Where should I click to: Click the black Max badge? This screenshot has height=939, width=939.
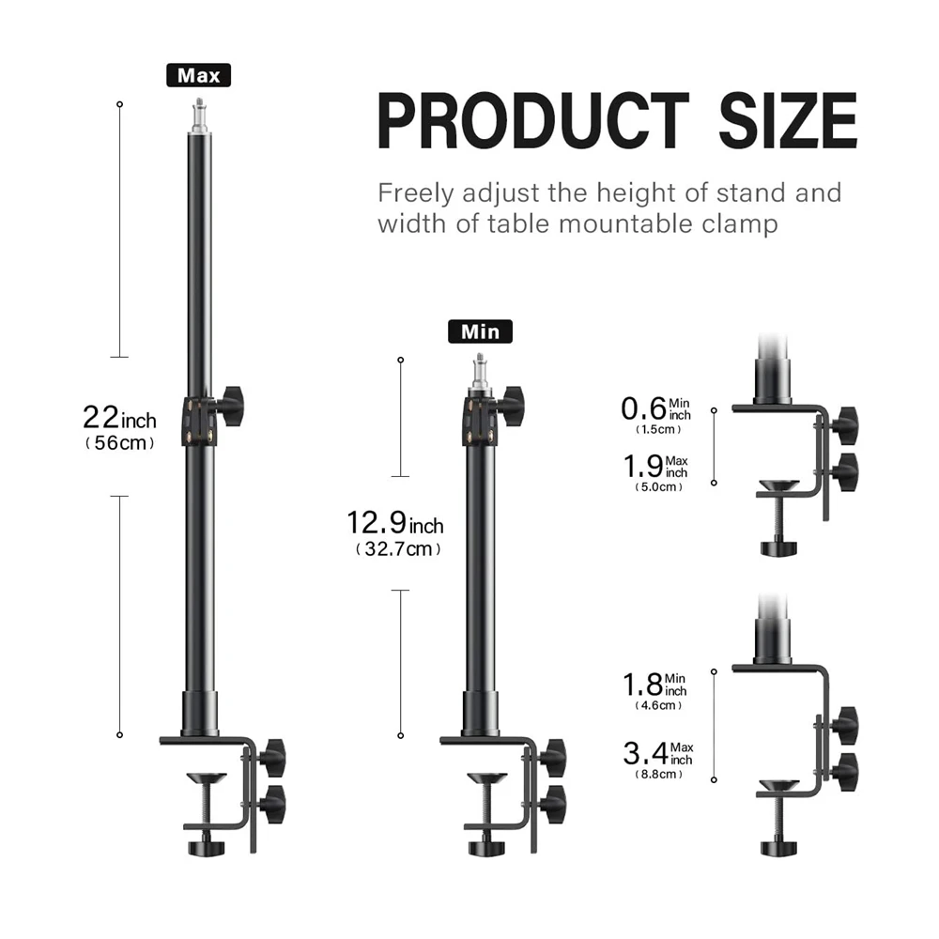pyautogui.click(x=198, y=75)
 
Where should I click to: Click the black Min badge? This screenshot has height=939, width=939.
pyautogui.click(x=480, y=331)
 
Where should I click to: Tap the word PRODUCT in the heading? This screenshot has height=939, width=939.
pyautogui.click(x=533, y=120)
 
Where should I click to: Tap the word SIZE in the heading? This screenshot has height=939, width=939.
pyautogui.click(x=788, y=120)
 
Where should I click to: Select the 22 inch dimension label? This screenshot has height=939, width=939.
pyautogui.click(x=119, y=418)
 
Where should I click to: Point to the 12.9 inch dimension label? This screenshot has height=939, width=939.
pyautogui.click(x=395, y=523)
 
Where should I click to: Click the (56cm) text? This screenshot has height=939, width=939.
pyautogui.click(x=120, y=443)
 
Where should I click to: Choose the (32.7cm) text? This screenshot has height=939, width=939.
pyautogui.click(x=398, y=549)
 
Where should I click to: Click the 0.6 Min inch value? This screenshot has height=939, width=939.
pyautogui.click(x=655, y=409)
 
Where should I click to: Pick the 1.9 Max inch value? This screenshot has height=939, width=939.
pyautogui.click(x=655, y=467)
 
